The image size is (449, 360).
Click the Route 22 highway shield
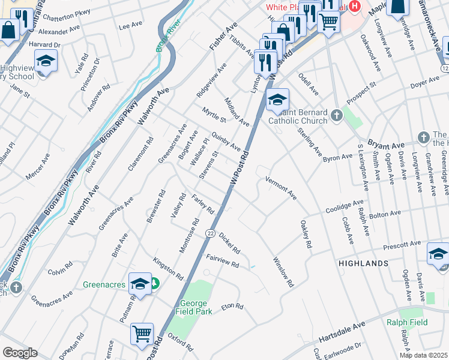coord(210,233)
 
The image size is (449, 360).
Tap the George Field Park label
coord(193,307)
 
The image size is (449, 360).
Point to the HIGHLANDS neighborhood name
coord(362,263)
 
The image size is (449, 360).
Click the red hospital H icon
coord(355,7)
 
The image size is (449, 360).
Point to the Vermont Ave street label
coord(281,188)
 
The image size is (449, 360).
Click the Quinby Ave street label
coord(226,142)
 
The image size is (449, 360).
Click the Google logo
coord(20,353)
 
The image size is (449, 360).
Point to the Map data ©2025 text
coord(423,355)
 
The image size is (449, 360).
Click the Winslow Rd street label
coord(283,272)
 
